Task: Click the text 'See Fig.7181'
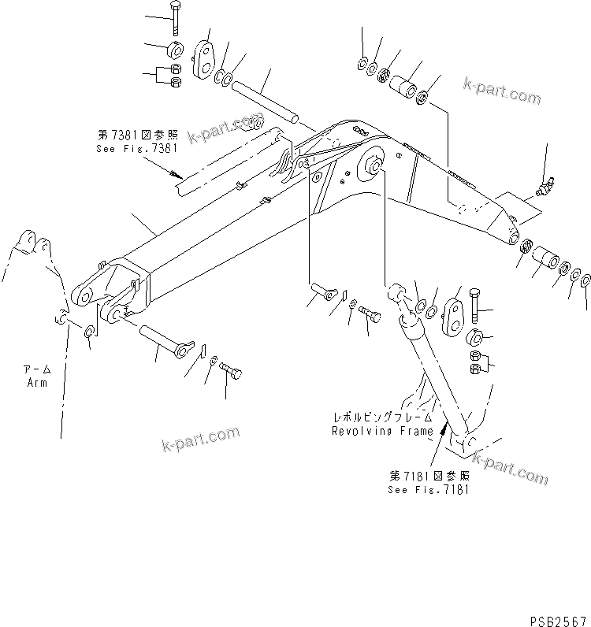[x=429, y=488]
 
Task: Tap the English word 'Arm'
[x=35, y=383]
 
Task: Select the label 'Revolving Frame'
[x=382, y=431]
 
